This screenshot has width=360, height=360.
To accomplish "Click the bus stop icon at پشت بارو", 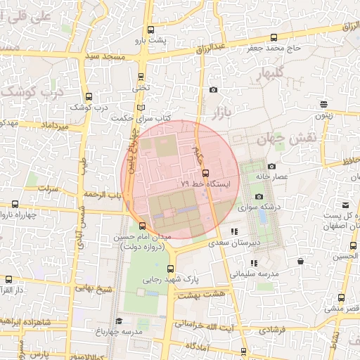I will tap(150, 30).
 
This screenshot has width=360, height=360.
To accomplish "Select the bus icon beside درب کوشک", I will tap(88, 97).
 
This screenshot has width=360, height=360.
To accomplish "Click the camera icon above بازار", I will tap(214, 89).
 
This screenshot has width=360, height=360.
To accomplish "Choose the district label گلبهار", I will tap(266, 74).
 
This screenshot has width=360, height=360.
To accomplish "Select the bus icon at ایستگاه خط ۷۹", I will tap(205, 173).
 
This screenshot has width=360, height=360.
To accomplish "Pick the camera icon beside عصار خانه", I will tap(271, 166).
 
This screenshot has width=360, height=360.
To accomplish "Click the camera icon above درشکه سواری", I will tap(258, 197).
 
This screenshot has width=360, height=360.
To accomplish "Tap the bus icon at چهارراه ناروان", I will tap(15, 204).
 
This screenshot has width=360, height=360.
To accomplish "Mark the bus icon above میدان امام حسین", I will tap(143, 226).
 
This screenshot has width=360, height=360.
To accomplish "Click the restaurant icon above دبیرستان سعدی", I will tap(235, 231).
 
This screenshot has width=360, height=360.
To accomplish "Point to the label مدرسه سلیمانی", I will tap(255, 272).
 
